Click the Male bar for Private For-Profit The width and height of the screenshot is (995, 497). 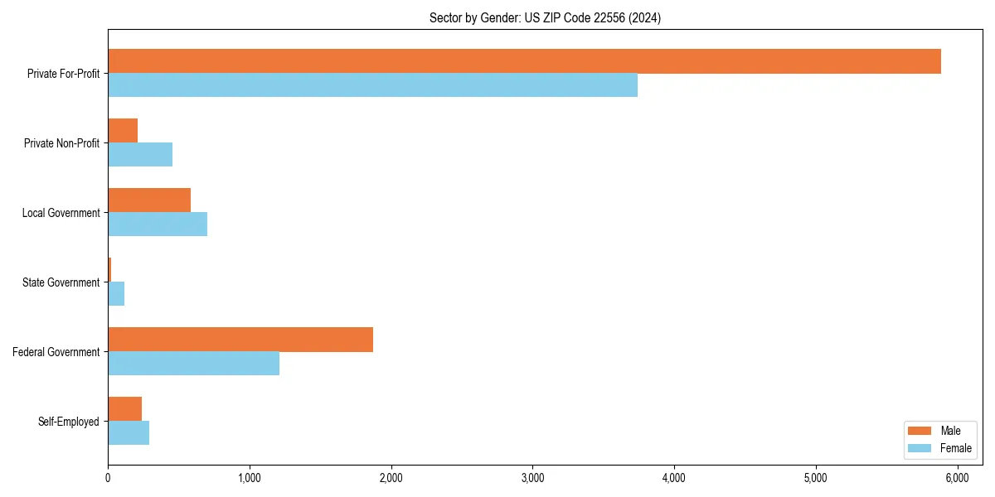[x=524, y=61]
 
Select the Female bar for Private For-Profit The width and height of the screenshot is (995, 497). [x=372, y=85]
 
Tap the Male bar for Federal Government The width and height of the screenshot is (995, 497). [x=240, y=340]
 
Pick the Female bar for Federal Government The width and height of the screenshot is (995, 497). [x=193, y=364]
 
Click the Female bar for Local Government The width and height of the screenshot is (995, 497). [x=158, y=224]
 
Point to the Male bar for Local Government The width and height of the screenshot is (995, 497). [x=149, y=200]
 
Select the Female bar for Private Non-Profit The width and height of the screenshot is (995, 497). [x=140, y=155]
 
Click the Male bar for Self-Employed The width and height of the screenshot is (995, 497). [x=124, y=409]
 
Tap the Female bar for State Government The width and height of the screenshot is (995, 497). [x=116, y=294]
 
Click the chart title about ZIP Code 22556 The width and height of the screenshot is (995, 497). [x=545, y=17]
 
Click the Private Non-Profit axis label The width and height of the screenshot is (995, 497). [x=61, y=143]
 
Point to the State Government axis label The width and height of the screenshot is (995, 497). [x=61, y=282]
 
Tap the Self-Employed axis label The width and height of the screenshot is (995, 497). [x=68, y=422]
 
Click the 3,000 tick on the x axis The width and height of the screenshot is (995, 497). [x=532, y=478]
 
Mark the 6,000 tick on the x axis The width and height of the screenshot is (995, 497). [x=958, y=478]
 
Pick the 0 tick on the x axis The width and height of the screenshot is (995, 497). [x=108, y=478]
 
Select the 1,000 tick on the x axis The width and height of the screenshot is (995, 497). [x=250, y=478]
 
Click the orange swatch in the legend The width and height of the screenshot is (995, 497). [x=920, y=431]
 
